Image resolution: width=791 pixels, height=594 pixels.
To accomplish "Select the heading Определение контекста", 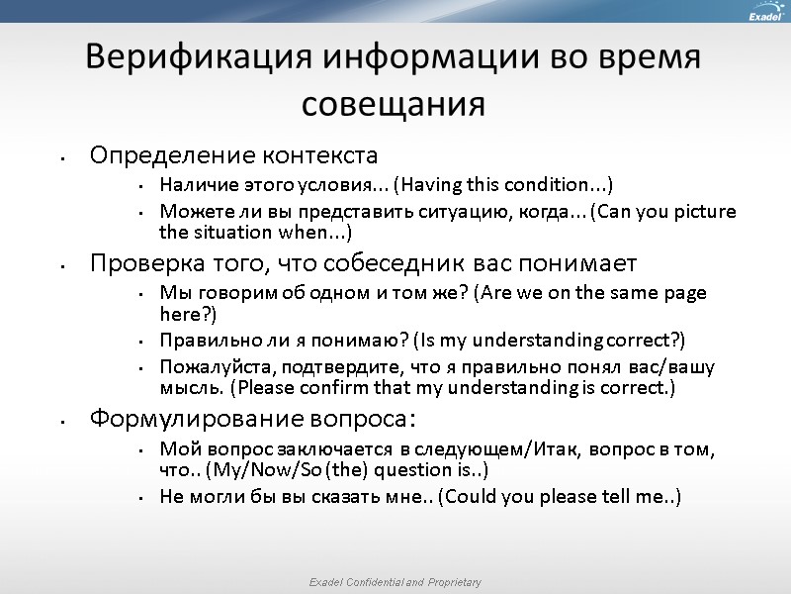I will pos(233,155).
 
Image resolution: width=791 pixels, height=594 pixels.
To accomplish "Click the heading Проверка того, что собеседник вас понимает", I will pos(363,263).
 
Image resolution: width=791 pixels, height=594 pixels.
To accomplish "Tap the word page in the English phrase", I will pos(686,294).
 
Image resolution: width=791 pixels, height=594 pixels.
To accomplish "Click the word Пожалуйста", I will pos(207,367).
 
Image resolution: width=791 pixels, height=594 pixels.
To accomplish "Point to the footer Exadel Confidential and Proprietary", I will pos(395,582).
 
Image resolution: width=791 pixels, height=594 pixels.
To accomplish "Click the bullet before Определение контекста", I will pos(61,157).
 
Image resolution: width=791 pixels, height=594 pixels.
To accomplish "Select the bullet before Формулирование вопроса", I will pos(61,420).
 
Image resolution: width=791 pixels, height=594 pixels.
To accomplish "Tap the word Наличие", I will pos(194,185).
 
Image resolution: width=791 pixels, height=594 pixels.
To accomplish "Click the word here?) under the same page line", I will pos(187,314).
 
